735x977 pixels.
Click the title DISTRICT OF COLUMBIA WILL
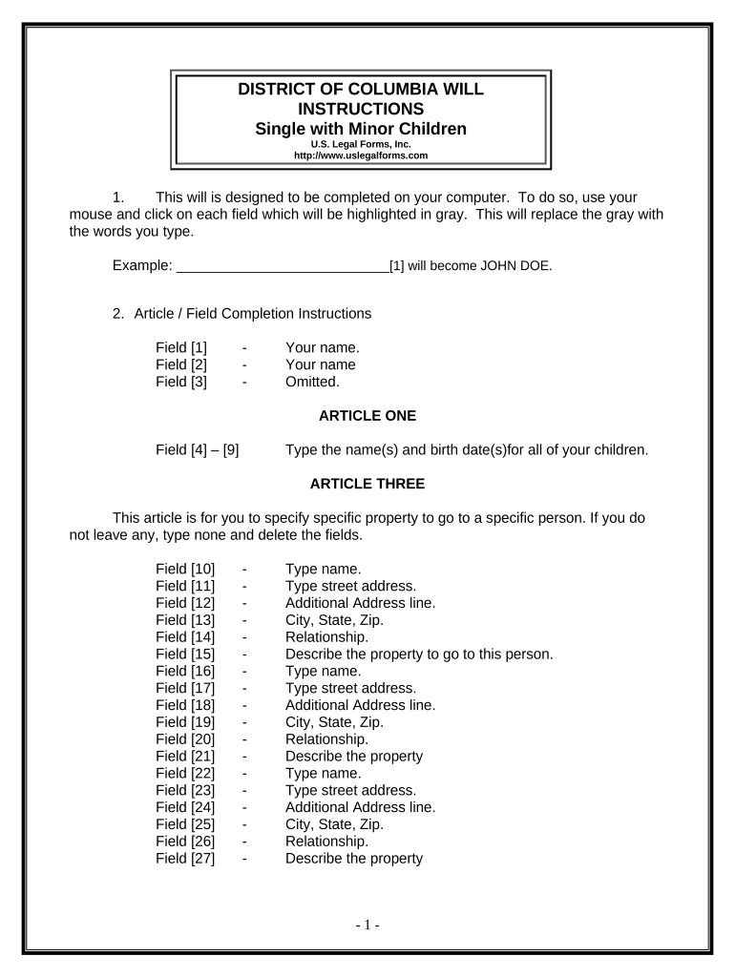point(360,90)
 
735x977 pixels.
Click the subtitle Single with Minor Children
point(360,129)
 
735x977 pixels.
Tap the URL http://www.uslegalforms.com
point(360,155)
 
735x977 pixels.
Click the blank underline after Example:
point(283,266)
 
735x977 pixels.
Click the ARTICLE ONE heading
point(367,416)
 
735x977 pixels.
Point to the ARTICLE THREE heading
point(367,484)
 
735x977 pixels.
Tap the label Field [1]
point(181,347)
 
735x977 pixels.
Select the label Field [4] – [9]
point(198,449)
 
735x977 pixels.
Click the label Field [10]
point(185,569)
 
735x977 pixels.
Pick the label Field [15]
point(185,655)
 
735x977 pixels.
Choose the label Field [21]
point(185,757)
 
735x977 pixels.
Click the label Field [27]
point(185,859)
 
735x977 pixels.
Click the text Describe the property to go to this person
point(419,655)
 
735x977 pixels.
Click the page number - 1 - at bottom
point(367,925)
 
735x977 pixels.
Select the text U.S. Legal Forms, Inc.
point(360,144)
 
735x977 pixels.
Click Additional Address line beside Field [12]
point(360,603)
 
